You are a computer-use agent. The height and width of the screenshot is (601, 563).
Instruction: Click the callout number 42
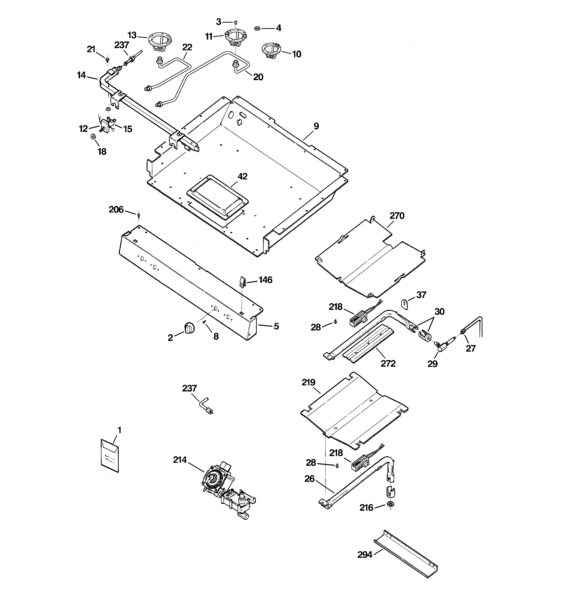point(242,176)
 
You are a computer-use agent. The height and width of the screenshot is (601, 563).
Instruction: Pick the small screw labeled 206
point(138,215)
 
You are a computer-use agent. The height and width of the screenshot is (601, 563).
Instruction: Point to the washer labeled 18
point(93,137)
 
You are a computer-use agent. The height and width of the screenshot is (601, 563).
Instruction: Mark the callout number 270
point(397,216)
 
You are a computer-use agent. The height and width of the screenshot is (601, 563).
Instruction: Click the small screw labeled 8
point(204,322)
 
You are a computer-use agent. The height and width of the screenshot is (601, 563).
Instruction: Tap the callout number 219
point(308,382)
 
